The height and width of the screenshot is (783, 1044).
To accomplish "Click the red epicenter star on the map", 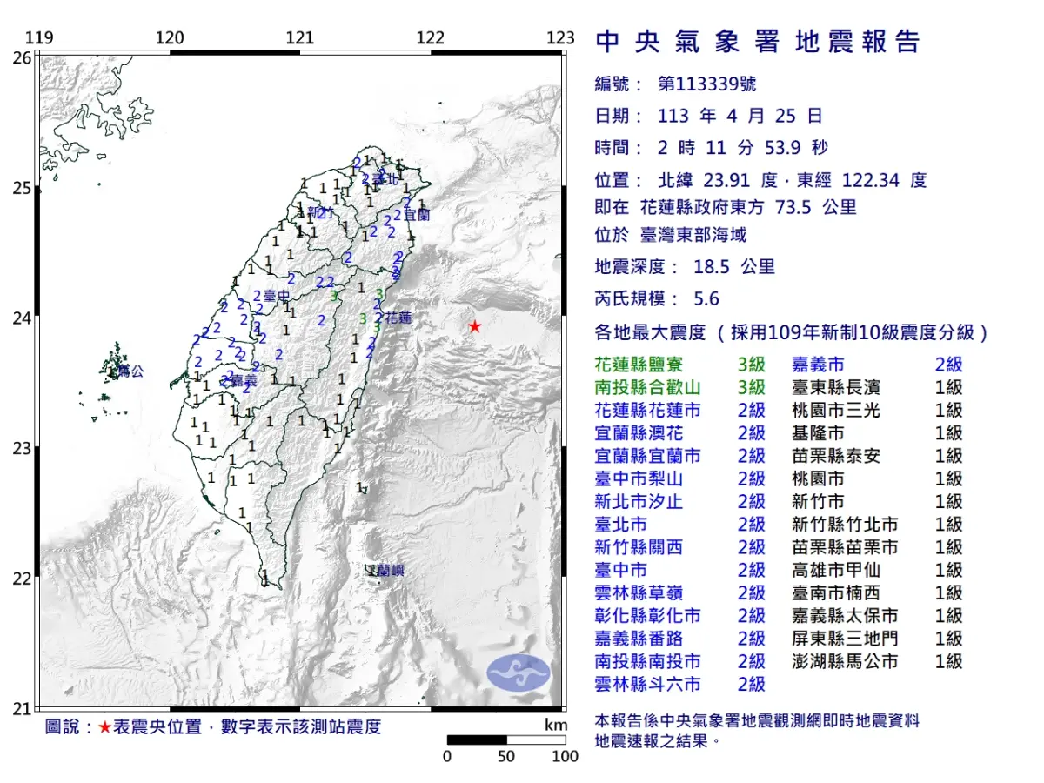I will [474, 326].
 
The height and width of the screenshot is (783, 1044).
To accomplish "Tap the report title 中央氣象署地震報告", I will [757, 42].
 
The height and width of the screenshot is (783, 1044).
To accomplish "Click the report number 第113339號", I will [706, 84].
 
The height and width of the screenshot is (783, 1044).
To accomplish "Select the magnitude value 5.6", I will [706, 298].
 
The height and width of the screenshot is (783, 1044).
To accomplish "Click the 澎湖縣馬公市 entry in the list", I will [845, 661].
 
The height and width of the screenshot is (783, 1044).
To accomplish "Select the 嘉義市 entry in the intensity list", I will [818, 365].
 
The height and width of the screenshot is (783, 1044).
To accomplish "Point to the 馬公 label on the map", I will [130, 371].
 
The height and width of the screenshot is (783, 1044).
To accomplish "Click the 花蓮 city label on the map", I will [398, 318].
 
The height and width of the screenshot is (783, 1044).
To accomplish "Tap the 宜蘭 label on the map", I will [418, 214].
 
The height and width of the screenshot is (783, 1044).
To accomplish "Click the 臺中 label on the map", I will [277, 297].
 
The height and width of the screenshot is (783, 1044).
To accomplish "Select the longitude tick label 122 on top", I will [431, 38].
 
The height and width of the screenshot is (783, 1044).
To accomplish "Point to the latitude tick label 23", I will [22, 448].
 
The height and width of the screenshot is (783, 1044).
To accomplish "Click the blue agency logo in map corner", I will [519, 673].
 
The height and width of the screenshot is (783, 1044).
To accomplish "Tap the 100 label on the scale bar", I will [565, 757].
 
